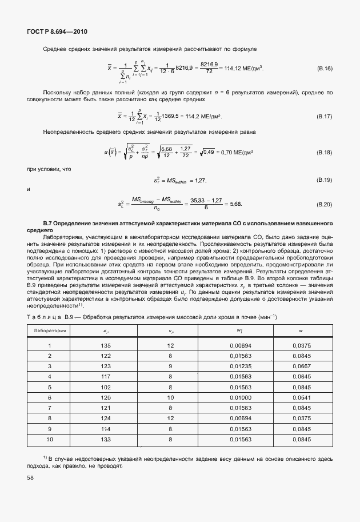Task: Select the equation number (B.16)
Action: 325,69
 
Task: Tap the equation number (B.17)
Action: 325,116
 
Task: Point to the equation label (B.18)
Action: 325,153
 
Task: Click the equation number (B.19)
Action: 325,180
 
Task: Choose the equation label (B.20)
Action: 325,204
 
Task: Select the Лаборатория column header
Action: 50,330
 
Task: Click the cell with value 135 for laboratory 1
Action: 106,346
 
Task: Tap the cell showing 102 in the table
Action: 106,387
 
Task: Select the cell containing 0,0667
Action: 301,366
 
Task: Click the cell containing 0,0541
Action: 301,397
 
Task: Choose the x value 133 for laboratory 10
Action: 106,439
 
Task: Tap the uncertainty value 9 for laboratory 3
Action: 170,366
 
